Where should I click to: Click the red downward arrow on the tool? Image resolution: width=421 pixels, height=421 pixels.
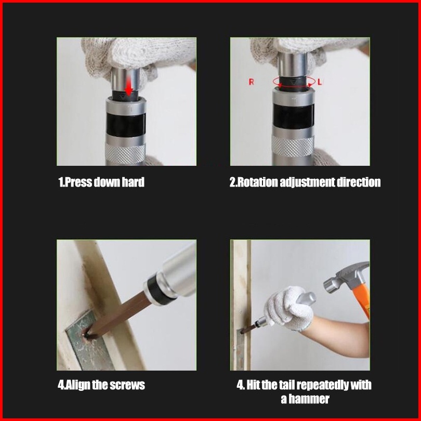[x=129, y=86]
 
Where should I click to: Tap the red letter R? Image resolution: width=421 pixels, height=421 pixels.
[x=251, y=82]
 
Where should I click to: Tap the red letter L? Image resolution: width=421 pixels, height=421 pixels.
[x=320, y=82]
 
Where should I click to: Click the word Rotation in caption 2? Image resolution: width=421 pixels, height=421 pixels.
[x=258, y=182]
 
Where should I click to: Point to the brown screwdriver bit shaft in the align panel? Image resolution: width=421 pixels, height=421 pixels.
[x=118, y=314]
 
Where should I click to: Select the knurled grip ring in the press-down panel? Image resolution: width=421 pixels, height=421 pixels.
[x=125, y=154]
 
